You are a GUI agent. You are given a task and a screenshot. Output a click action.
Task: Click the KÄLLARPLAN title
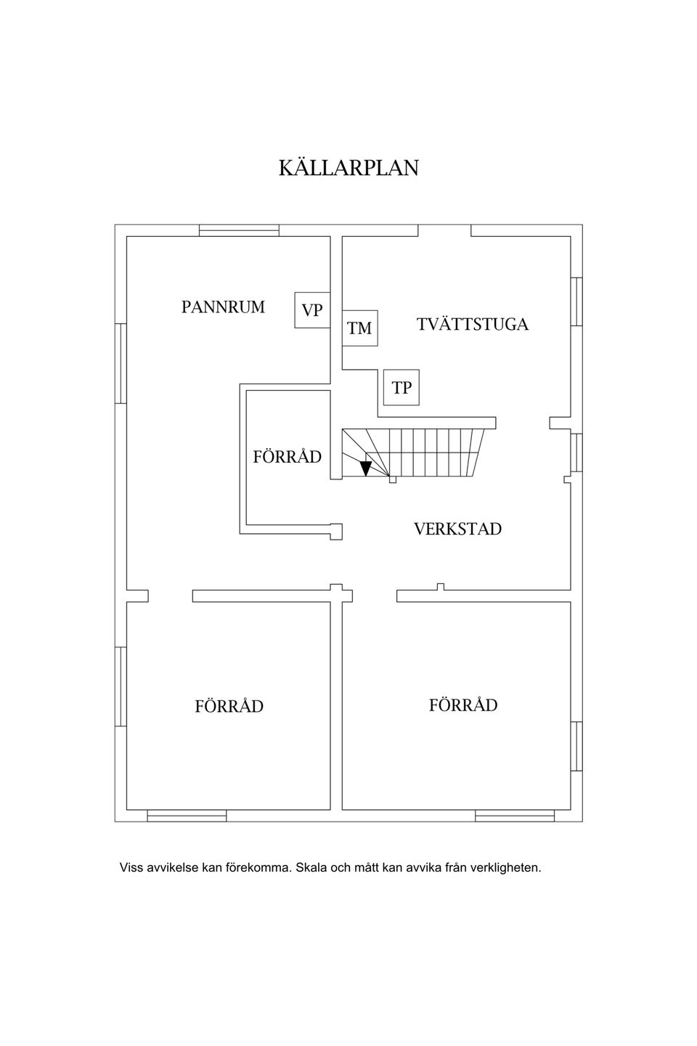point(348,167)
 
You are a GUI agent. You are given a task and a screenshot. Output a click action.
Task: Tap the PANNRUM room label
point(223,307)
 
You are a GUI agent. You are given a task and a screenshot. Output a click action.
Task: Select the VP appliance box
point(312,309)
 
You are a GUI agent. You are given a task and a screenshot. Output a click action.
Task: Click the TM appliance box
point(359,328)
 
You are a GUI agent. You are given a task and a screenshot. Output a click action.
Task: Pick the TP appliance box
point(401,387)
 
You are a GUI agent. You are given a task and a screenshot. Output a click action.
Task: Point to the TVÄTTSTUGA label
point(472,324)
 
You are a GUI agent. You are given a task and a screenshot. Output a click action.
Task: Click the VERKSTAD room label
point(457,529)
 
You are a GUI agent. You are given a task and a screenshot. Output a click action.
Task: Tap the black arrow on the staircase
point(366,468)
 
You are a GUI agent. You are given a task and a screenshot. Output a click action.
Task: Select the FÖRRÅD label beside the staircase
point(287,455)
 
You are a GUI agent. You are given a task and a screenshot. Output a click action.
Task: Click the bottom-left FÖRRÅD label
point(229,705)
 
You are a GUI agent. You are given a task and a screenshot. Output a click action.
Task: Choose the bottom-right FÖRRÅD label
point(463,704)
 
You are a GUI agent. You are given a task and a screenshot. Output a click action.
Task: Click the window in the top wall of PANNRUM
point(239,231)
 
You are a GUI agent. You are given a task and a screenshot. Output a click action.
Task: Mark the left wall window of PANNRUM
point(121,363)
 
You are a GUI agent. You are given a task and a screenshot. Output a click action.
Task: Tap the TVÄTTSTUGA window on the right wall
point(576,301)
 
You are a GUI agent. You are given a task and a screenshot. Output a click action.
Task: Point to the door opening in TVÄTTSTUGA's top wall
point(444,231)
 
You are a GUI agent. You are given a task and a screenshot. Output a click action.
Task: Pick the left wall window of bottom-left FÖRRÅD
point(121,686)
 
